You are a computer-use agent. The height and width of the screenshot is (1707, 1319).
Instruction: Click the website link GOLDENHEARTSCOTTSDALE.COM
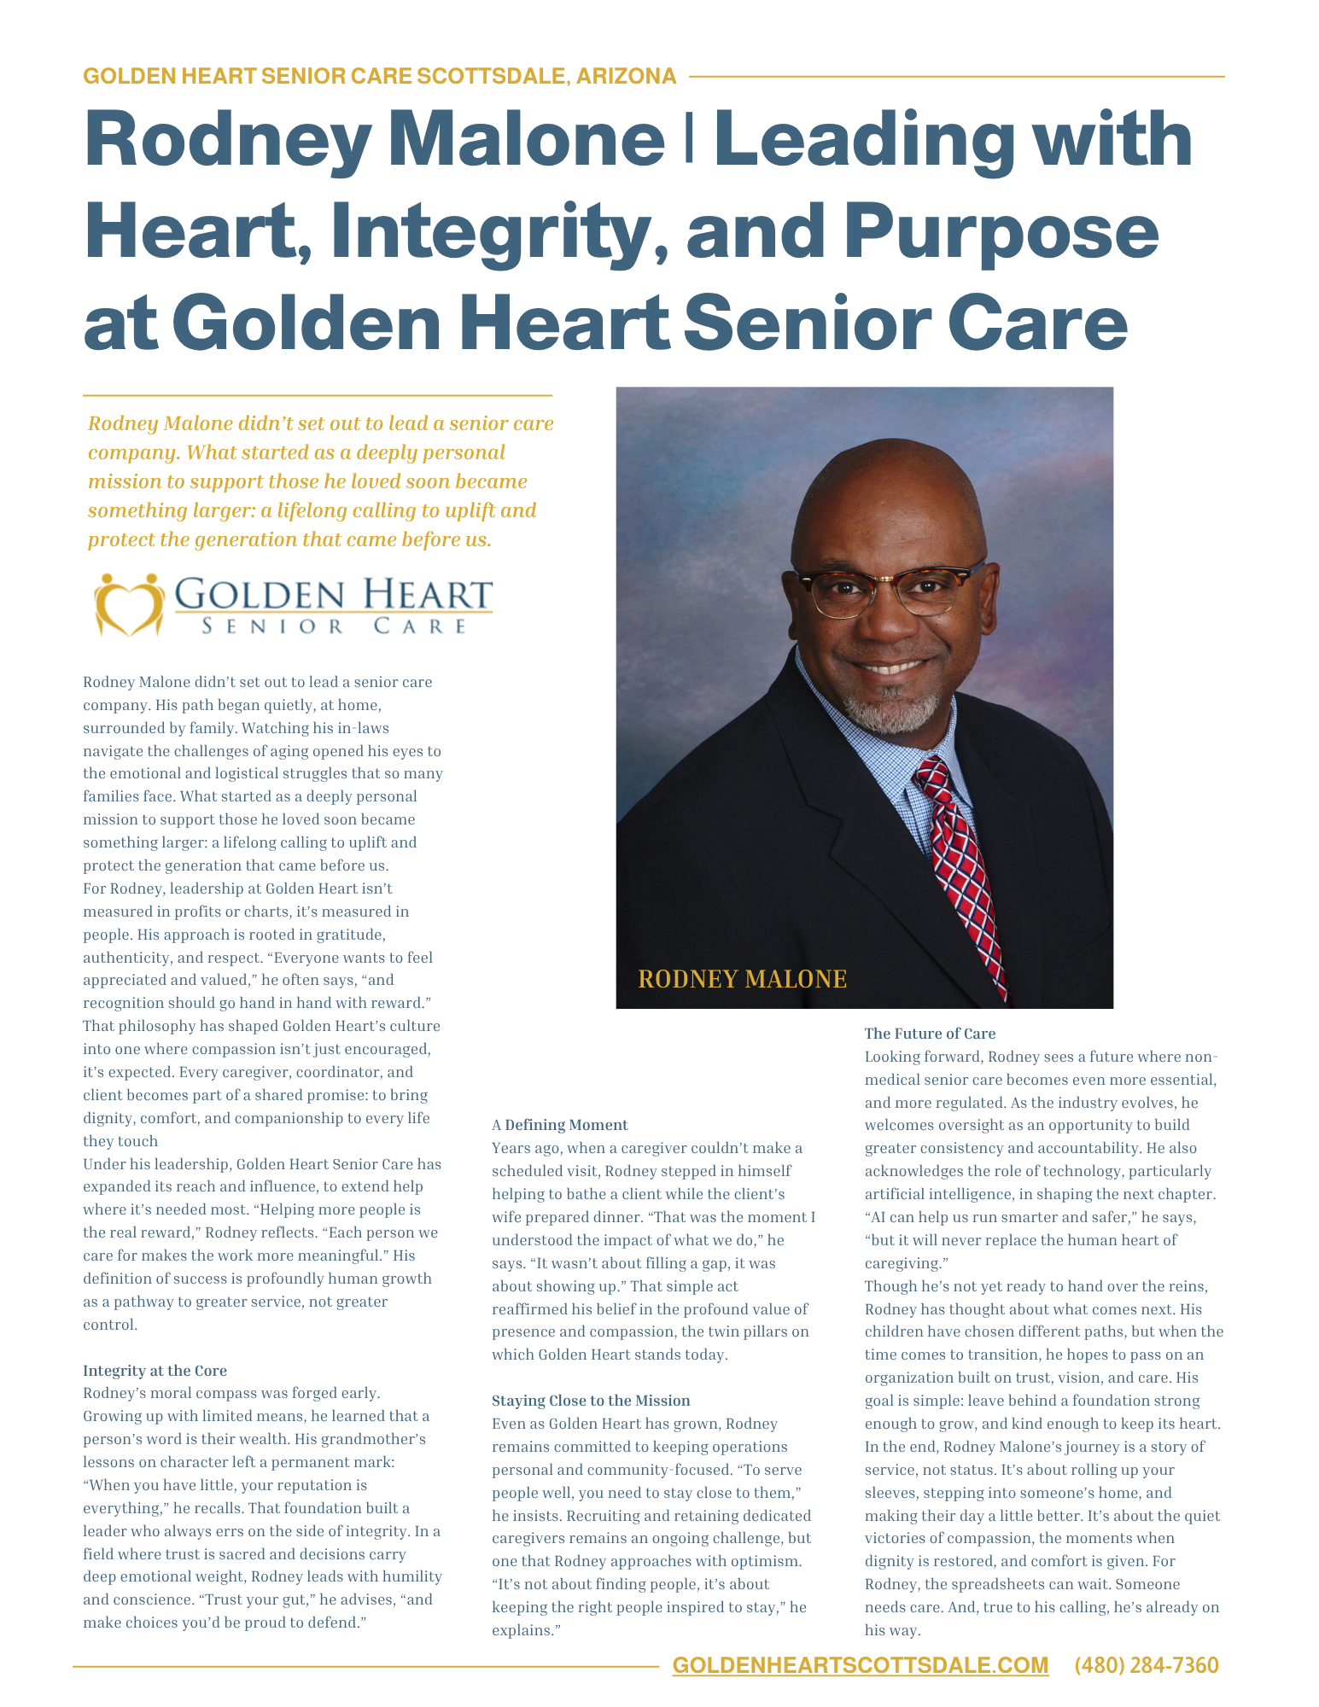coord(860,1665)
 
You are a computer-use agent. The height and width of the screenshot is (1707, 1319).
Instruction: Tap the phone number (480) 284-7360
coord(1146,1665)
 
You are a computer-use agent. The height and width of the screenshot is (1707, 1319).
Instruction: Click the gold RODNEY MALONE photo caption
coord(742,979)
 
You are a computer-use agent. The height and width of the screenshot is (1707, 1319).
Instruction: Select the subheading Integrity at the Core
coord(155,1371)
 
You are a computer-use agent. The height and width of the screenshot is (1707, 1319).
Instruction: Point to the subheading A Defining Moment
coord(559,1125)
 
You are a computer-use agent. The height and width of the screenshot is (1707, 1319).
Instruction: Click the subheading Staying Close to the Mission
coord(591,1401)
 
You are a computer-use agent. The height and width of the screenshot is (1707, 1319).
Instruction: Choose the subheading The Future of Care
coord(930,1034)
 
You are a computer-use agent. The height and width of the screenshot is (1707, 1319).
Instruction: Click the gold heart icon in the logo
coord(129,605)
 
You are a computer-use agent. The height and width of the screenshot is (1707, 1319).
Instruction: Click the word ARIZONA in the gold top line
coord(626,77)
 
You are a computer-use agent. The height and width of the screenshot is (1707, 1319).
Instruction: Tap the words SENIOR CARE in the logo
coord(334,626)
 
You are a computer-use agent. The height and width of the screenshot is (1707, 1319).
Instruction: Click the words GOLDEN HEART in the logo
coord(334,594)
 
